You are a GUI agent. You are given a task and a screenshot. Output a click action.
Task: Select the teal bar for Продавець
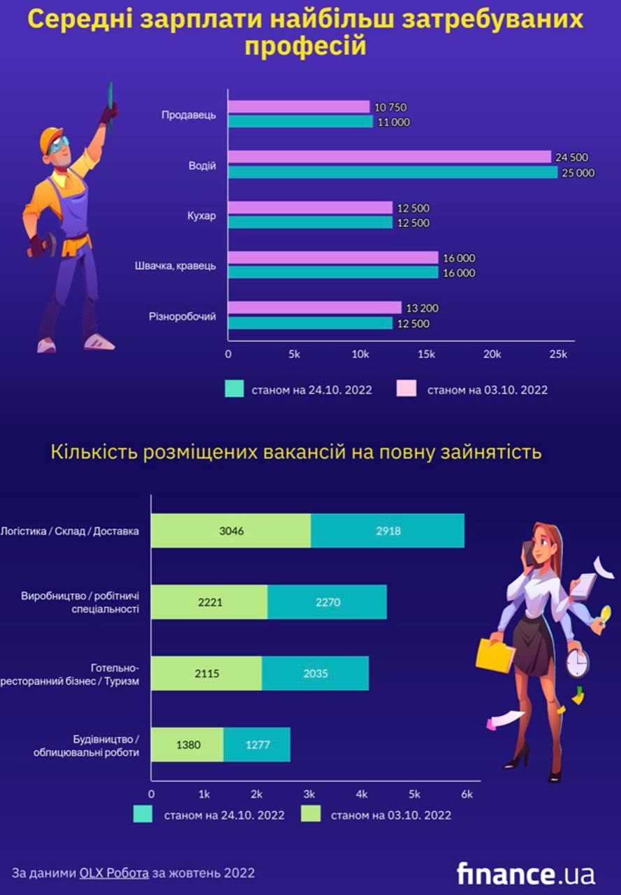click(x=300, y=122)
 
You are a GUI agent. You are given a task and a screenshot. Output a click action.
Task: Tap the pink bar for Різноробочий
click(x=314, y=308)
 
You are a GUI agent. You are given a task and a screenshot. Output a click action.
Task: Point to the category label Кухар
click(x=202, y=215)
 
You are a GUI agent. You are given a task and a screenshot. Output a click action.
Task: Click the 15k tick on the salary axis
click(x=426, y=355)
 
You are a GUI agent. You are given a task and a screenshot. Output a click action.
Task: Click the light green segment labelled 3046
click(x=231, y=531)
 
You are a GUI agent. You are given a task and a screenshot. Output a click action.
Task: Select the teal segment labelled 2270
click(x=327, y=602)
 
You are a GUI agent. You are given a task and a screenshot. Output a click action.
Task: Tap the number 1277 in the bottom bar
click(x=257, y=745)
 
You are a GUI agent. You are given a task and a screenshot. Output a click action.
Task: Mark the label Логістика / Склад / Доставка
click(x=70, y=531)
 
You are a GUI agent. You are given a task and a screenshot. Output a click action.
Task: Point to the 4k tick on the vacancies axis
click(x=362, y=794)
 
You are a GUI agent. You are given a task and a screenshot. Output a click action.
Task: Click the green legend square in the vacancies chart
click(x=310, y=815)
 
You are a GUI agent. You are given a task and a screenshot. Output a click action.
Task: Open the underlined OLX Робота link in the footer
click(x=114, y=873)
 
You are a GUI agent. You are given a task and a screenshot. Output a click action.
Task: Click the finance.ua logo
click(x=525, y=873)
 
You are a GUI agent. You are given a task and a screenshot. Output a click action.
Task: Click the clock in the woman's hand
click(x=577, y=662)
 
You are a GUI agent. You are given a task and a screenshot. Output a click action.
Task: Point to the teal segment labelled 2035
click(x=315, y=674)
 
